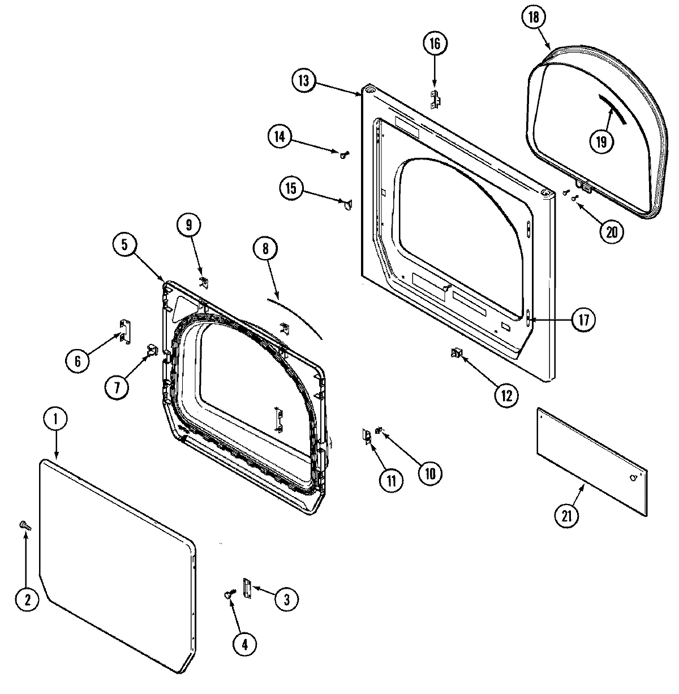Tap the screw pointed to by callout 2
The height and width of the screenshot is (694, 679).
click(x=25, y=525)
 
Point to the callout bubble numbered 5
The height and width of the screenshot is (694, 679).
click(x=125, y=245)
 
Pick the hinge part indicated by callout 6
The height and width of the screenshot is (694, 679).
click(x=125, y=331)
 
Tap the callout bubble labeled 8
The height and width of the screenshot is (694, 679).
click(x=266, y=248)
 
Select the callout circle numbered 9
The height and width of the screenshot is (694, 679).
click(x=188, y=226)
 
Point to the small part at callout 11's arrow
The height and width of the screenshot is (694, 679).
click(x=367, y=436)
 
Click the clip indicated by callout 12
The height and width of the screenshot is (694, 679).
click(x=455, y=354)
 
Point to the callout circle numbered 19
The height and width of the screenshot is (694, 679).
click(x=601, y=142)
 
